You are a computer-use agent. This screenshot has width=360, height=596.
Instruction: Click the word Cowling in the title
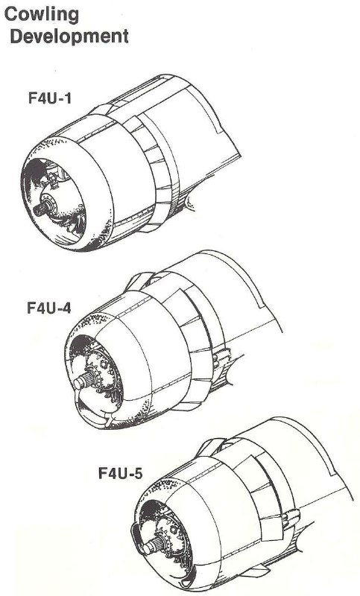pos(42,15)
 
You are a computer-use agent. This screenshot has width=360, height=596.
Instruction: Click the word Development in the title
pos(69,37)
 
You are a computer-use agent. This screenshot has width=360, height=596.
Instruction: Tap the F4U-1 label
pos(50,98)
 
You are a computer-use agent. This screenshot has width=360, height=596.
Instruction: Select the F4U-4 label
pos(48,308)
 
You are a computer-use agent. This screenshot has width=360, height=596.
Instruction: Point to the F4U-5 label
pos(121,473)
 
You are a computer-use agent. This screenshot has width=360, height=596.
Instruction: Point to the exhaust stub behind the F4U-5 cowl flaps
pos(291,518)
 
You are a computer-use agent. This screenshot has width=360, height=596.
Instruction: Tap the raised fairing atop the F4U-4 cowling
pos(139,281)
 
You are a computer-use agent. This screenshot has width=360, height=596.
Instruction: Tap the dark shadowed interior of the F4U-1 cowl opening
pos(34,171)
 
